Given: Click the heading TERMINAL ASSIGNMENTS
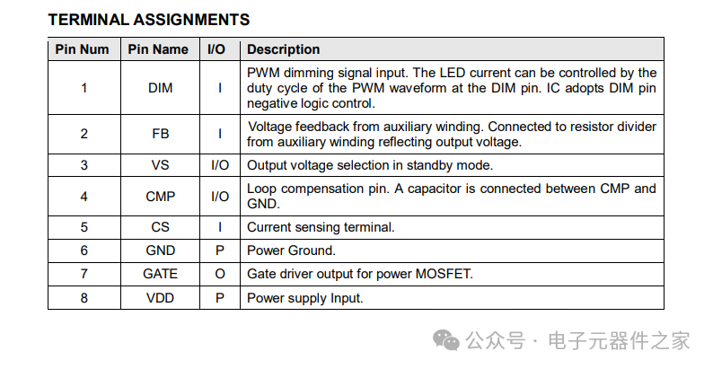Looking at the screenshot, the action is click(x=149, y=20).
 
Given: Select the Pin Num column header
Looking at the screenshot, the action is click(x=83, y=49).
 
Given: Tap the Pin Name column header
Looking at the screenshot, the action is click(x=158, y=49).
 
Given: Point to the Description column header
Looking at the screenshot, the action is click(x=283, y=49).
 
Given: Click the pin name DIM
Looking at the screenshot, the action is click(x=160, y=88).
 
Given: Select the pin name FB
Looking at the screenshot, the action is click(x=160, y=134).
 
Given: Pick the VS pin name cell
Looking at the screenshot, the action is click(x=160, y=164).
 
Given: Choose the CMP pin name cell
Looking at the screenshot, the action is click(x=160, y=197).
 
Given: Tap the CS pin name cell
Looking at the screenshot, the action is click(x=160, y=227).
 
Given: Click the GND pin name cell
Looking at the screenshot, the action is click(x=160, y=250).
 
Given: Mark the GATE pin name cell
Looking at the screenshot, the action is click(x=160, y=274).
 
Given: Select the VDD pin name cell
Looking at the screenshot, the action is click(x=160, y=298).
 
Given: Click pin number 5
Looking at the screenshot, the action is click(x=84, y=227).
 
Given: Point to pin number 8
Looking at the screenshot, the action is click(x=84, y=298).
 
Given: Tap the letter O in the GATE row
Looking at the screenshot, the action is click(x=220, y=274).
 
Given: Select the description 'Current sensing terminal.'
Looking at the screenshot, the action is click(x=321, y=227).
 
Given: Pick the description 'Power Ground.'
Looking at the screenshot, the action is click(x=291, y=250).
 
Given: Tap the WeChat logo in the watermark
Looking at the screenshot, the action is click(x=446, y=341).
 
